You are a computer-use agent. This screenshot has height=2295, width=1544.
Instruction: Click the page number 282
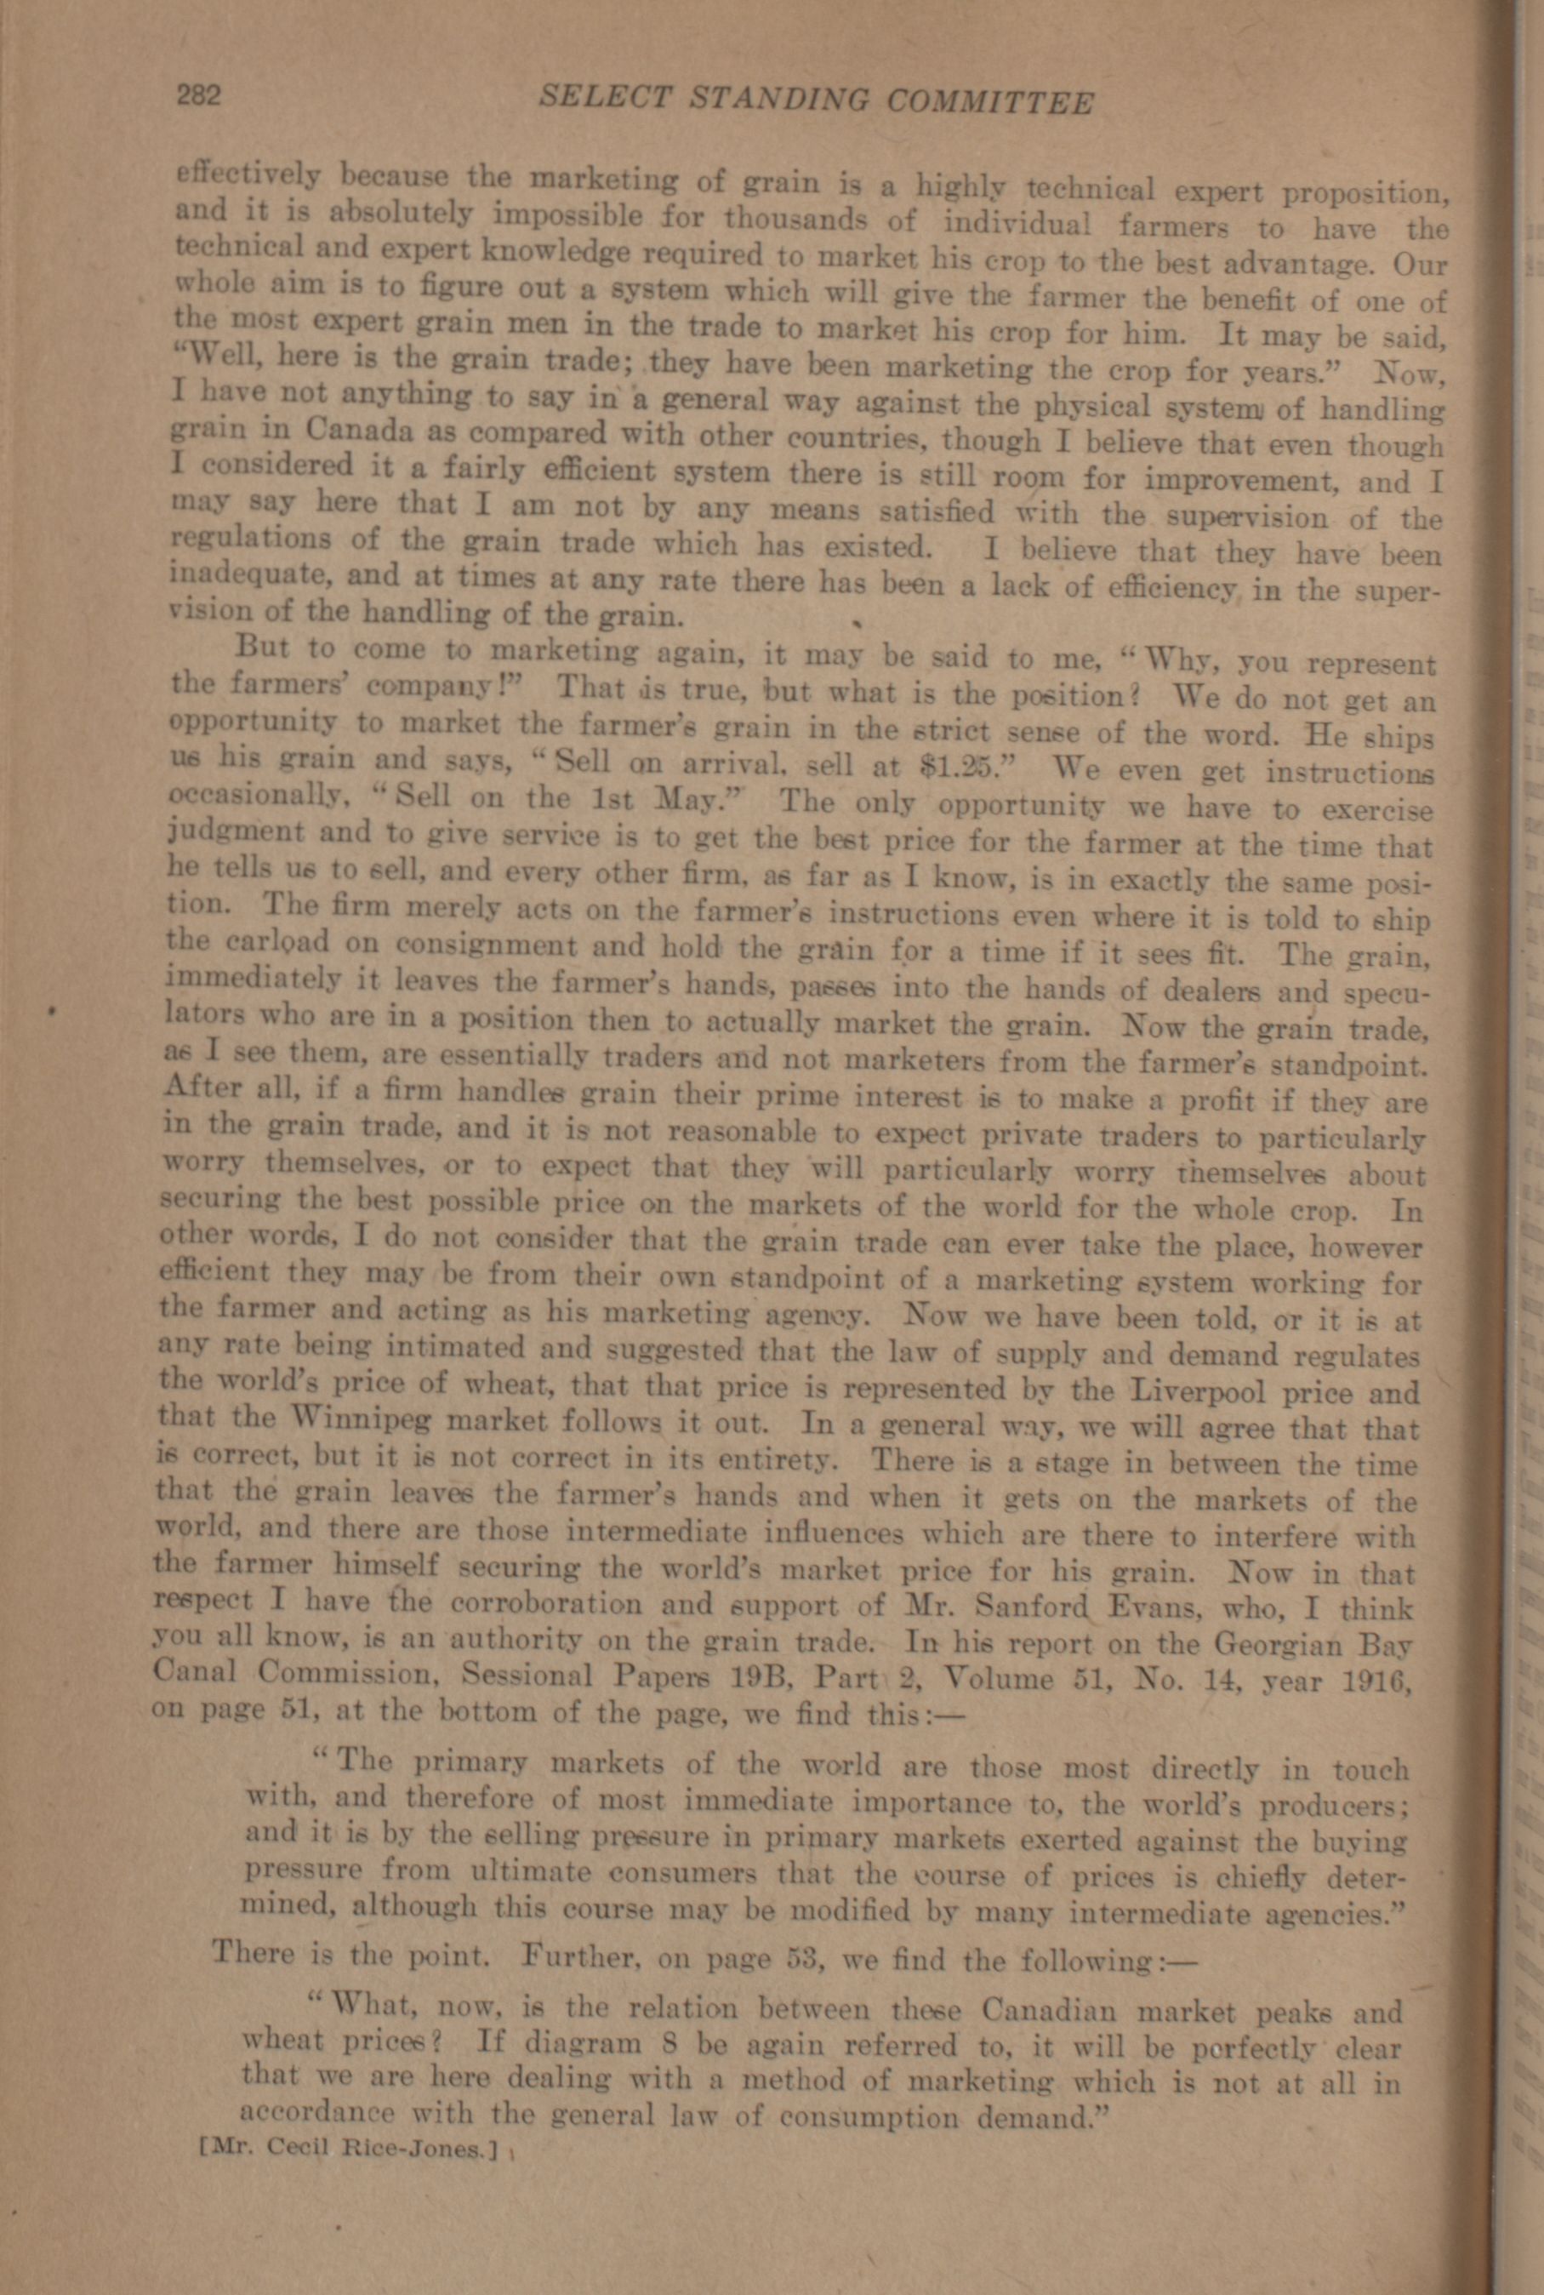click(x=201, y=95)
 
